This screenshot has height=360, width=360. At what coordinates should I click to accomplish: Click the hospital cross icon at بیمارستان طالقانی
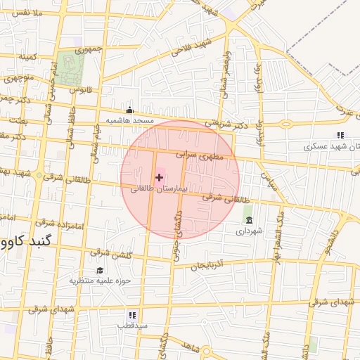click(159, 178)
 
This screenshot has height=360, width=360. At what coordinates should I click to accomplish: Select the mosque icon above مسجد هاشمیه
click(129, 110)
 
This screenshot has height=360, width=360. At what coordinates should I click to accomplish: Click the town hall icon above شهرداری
click(249, 220)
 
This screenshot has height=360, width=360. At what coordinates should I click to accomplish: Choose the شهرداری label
click(249, 231)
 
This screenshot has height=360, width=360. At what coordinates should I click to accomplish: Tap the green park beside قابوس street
click(70, 68)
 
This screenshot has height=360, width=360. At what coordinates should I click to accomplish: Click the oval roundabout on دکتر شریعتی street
click(285, 124)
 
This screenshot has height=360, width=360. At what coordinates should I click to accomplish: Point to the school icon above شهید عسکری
click(340, 136)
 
